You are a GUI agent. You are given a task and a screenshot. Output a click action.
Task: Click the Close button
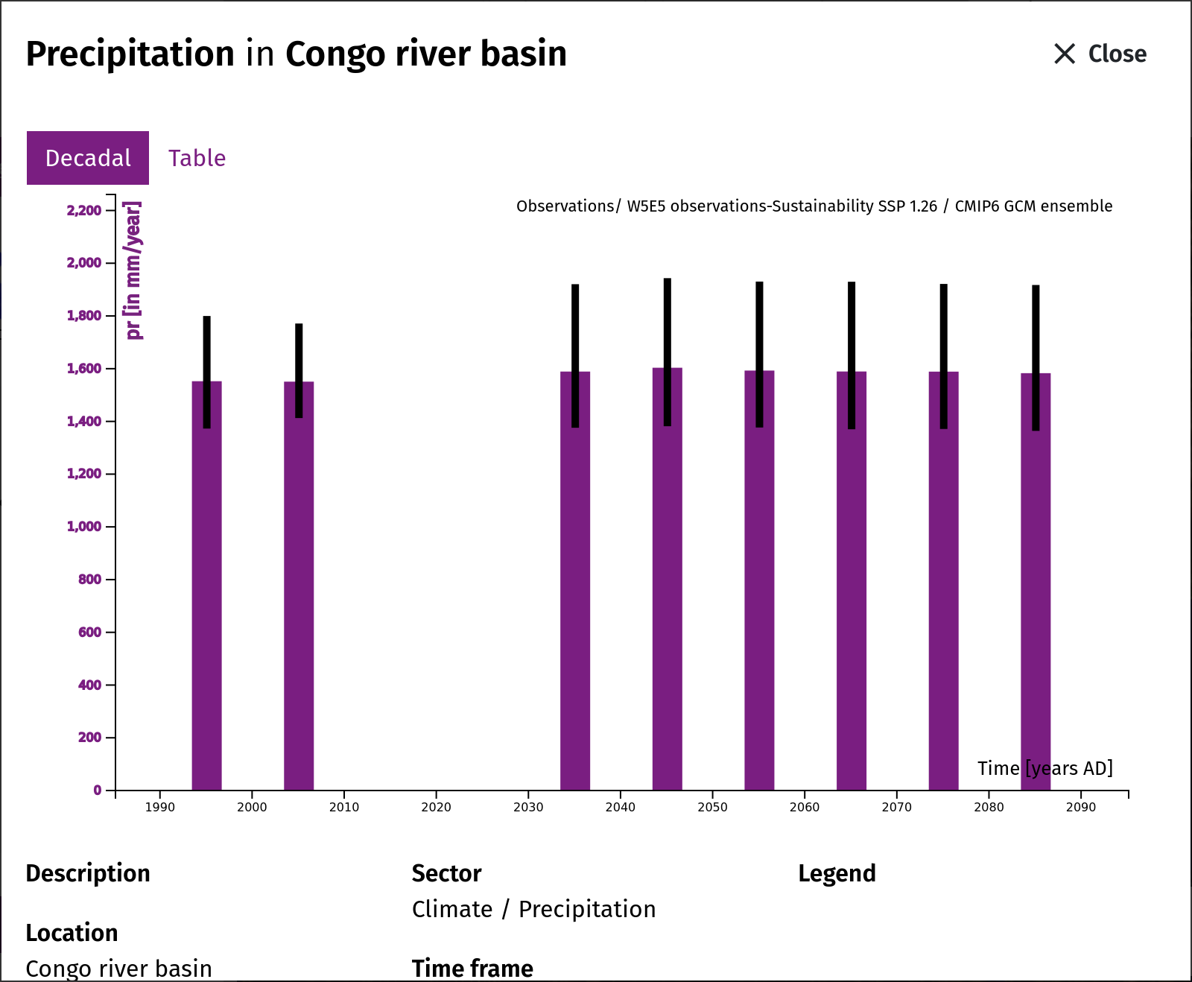(1100, 54)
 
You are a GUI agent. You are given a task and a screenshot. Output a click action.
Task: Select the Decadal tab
(88, 158)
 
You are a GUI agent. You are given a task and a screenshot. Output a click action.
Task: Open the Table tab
(197, 158)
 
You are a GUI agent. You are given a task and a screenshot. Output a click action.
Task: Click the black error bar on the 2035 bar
(575, 355)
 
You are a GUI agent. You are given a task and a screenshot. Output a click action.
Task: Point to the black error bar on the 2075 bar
(944, 356)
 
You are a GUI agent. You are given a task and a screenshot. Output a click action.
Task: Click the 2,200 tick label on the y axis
(84, 211)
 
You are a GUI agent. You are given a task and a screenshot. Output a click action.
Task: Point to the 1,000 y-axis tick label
(84, 527)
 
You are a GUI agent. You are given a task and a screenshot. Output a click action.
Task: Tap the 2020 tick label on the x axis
(436, 807)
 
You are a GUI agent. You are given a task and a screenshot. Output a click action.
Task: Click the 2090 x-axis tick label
(1081, 807)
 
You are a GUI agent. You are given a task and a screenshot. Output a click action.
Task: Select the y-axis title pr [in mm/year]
(133, 270)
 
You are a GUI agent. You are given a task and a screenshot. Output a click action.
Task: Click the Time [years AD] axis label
(1045, 768)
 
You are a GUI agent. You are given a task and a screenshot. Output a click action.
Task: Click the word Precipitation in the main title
(130, 54)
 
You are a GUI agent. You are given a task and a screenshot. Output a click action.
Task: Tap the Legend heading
(837, 873)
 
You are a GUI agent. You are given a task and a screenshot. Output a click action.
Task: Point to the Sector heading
(446, 873)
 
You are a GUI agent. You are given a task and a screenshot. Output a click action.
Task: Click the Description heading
(88, 873)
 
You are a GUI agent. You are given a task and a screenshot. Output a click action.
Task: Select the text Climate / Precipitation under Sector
(533, 909)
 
